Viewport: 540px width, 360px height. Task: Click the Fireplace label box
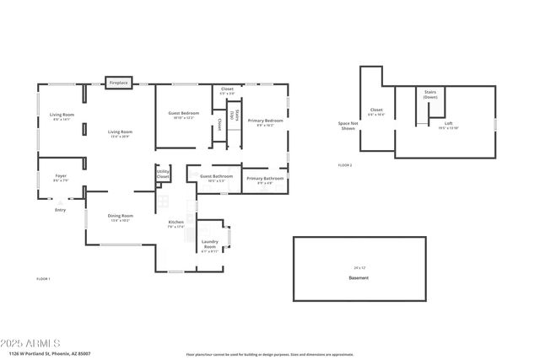point(119,83)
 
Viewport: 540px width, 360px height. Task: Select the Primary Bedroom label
point(265,121)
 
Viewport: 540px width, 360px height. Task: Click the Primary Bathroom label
point(264,179)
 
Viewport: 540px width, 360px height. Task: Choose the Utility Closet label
point(163,175)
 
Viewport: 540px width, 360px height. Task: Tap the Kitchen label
point(175,223)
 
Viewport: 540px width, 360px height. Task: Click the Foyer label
point(61,177)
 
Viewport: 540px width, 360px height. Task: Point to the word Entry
point(60,210)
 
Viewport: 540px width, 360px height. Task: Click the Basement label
point(359,277)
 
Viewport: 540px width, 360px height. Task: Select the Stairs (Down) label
point(430,95)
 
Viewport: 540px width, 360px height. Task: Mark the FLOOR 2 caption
point(345,165)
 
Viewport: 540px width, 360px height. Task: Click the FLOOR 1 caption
point(43,278)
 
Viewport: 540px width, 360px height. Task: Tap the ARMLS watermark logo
point(31,343)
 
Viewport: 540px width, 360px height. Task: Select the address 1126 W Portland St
point(51,354)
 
